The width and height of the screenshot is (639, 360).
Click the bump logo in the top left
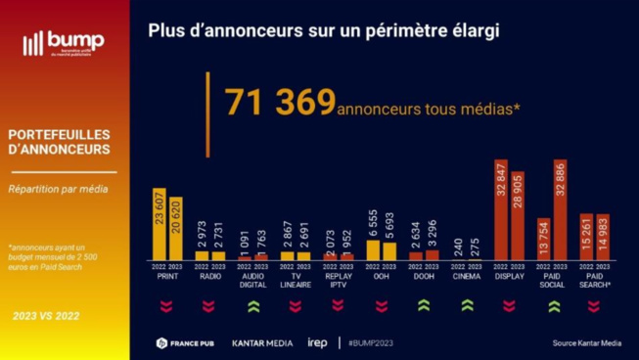point(63,44)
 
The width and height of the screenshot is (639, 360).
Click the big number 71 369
point(280,103)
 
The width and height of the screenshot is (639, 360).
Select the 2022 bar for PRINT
point(160,223)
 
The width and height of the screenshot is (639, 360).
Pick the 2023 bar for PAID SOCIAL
point(560,209)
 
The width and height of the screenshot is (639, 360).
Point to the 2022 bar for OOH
point(374,249)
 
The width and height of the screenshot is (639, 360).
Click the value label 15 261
point(586,236)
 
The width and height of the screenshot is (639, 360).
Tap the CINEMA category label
point(467,276)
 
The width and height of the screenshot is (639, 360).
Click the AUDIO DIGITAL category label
point(252,280)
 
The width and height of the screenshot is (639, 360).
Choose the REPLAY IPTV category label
point(338,280)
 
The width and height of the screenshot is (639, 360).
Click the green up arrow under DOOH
point(424,305)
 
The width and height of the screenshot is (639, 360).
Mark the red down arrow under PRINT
point(166,305)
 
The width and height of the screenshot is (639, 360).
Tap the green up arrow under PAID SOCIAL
point(553,305)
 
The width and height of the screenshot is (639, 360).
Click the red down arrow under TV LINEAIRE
point(295,305)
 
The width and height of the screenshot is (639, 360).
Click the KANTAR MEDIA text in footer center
point(261,343)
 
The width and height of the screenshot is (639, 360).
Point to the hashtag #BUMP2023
point(373,343)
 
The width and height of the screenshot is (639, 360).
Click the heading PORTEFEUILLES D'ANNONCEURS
point(59,142)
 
